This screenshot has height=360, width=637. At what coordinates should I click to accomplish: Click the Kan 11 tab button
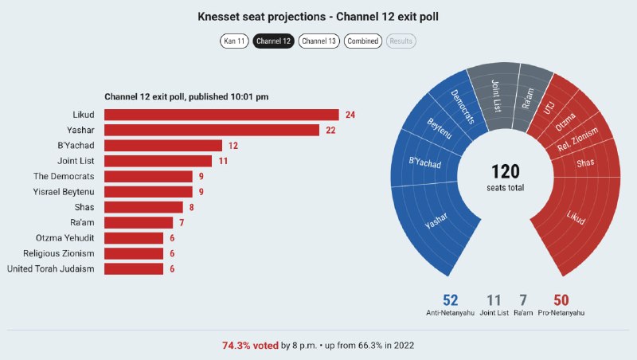click(234, 41)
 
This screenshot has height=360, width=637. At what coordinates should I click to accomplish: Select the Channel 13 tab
click(319, 41)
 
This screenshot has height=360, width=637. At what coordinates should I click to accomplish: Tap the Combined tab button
click(363, 41)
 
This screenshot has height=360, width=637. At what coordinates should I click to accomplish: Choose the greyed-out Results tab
click(401, 41)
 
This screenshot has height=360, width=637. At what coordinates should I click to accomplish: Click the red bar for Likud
click(221, 115)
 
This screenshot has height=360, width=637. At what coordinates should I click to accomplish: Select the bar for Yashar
click(212, 130)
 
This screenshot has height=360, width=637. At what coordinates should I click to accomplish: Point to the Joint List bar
click(158, 161)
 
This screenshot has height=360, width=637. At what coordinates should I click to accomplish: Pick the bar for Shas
click(143, 207)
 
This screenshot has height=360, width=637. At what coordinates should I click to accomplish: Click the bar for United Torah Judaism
click(134, 269)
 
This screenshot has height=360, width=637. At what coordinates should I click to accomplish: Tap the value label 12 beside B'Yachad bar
click(233, 146)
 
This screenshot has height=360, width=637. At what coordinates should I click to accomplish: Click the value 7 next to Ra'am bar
click(182, 223)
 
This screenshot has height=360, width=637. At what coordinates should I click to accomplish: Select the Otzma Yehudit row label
click(65, 238)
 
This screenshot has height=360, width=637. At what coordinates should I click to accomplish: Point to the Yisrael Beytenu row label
click(64, 192)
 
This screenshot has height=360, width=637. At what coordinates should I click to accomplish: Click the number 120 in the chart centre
click(506, 171)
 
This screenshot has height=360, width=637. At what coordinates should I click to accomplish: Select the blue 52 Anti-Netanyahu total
click(450, 300)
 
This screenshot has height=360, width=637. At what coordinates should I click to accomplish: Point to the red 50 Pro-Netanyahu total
click(561, 300)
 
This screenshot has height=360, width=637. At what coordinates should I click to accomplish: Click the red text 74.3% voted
click(250, 346)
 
